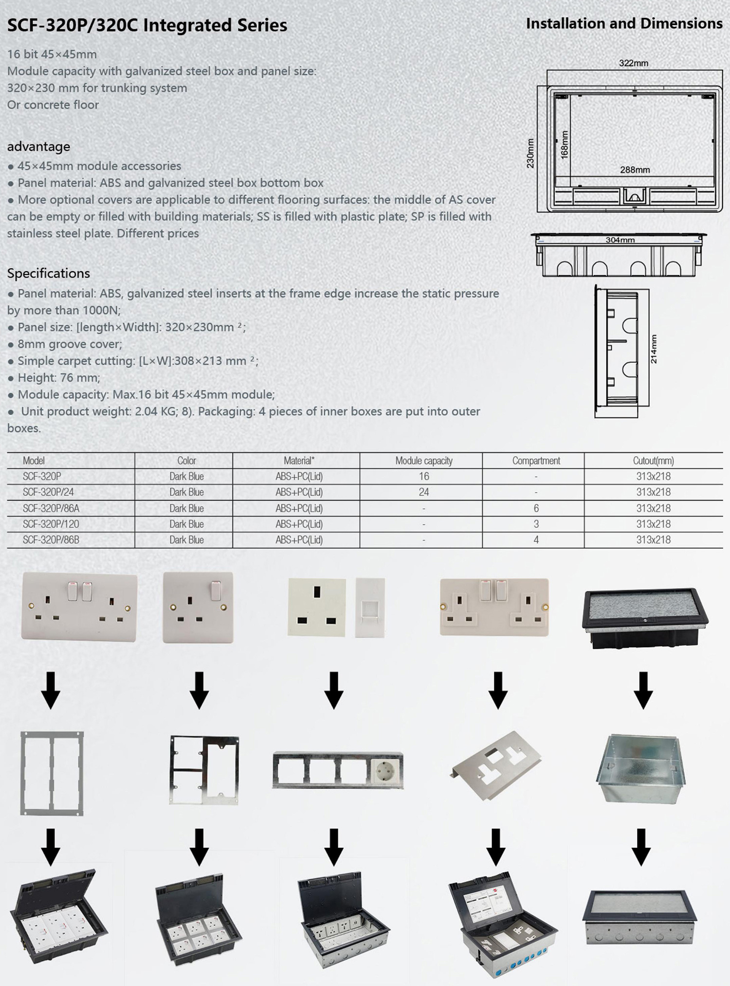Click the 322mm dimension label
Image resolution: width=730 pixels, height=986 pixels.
(633, 63)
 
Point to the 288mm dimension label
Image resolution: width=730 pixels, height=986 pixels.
(635, 170)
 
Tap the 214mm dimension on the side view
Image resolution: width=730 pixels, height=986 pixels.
(654, 349)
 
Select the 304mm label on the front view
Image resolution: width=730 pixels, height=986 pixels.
(620, 240)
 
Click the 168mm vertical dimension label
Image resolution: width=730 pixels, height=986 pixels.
(565, 145)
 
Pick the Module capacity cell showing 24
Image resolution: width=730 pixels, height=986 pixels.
(423, 492)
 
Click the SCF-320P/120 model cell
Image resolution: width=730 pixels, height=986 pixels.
(51, 524)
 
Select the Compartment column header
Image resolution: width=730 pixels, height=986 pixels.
(536, 461)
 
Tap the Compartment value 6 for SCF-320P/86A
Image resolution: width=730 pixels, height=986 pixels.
(536, 508)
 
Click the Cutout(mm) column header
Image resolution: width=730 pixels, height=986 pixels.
(653, 461)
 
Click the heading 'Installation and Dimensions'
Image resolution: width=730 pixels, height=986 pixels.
(624, 23)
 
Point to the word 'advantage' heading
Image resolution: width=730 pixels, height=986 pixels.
(38, 147)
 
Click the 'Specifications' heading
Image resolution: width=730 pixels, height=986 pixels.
(48, 273)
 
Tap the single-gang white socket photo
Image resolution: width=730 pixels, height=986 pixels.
(198, 607)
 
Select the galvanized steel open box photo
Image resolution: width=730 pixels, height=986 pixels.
(640, 769)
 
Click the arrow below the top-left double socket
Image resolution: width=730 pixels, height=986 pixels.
(51, 690)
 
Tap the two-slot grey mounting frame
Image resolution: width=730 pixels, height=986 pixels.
(52, 773)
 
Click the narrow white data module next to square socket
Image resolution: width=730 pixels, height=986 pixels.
(370, 607)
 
